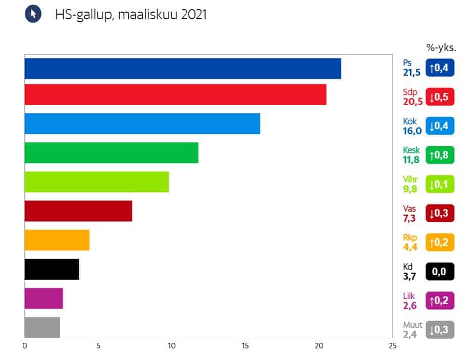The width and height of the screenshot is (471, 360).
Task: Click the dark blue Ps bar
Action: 183,69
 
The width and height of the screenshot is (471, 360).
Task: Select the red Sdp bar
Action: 175,95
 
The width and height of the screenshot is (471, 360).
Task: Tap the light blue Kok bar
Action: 142,124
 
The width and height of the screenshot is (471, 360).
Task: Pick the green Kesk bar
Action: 111,153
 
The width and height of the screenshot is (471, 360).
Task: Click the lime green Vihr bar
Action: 96,182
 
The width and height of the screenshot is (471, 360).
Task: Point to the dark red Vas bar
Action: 78,211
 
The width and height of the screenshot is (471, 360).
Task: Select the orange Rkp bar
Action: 57,240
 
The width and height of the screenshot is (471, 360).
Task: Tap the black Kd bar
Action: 51,269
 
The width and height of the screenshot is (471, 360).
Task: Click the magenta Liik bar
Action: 43,298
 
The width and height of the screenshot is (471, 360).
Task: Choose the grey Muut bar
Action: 42,327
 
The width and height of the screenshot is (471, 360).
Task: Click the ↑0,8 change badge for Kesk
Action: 440,155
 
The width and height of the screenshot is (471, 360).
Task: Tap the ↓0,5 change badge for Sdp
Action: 440,96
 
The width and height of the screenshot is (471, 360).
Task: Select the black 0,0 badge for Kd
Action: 440,272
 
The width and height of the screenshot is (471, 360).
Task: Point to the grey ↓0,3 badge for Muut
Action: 440,330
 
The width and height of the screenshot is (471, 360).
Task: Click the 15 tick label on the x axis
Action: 245,346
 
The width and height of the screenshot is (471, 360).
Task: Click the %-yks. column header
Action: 441,48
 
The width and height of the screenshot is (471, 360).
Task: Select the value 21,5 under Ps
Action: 411,73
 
